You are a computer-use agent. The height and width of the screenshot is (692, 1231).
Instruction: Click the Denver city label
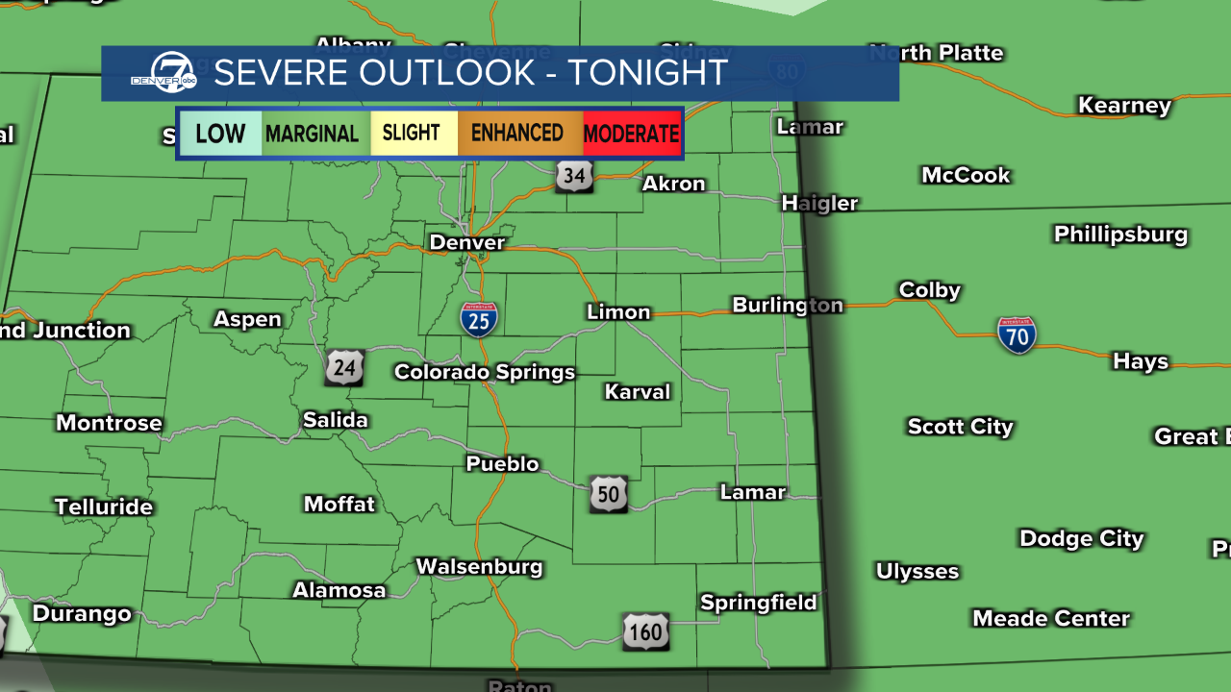(x=466, y=242)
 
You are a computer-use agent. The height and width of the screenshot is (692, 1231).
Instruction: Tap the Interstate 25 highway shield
(x=479, y=319)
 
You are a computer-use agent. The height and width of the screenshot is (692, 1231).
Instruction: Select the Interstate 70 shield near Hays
(x=1016, y=334)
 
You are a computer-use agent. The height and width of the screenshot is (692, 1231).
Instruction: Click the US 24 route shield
(x=344, y=367)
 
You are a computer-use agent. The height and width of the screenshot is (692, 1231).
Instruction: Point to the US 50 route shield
(x=609, y=493)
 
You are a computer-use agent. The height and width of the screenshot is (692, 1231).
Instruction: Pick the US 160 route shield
(x=645, y=631)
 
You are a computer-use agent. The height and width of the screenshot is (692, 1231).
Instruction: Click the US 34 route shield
(x=573, y=175)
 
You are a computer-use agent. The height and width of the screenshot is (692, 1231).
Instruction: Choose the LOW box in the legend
(x=220, y=134)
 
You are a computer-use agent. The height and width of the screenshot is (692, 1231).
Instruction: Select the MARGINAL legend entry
(x=312, y=134)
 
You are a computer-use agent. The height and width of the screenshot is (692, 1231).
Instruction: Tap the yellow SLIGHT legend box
(x=412, y=134)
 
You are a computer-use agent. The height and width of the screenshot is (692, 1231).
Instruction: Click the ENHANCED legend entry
(x=517, y=134)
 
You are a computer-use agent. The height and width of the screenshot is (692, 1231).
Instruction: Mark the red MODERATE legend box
(x=632, y=134)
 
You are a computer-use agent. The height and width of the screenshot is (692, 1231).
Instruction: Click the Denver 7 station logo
(x=163, y=73)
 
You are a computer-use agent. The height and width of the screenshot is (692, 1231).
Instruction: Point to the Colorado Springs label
(x=485, y=372)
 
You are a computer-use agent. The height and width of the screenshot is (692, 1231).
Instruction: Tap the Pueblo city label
(x=502, y=464)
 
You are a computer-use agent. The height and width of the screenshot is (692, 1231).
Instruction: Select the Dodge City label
(x=1081, y=538)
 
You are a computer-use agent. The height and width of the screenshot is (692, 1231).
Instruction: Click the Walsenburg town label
(x=479, y=567)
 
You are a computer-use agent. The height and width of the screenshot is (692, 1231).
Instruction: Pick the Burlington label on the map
(x=788, y=305)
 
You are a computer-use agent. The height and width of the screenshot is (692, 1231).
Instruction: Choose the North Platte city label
(x=936, y=53)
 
